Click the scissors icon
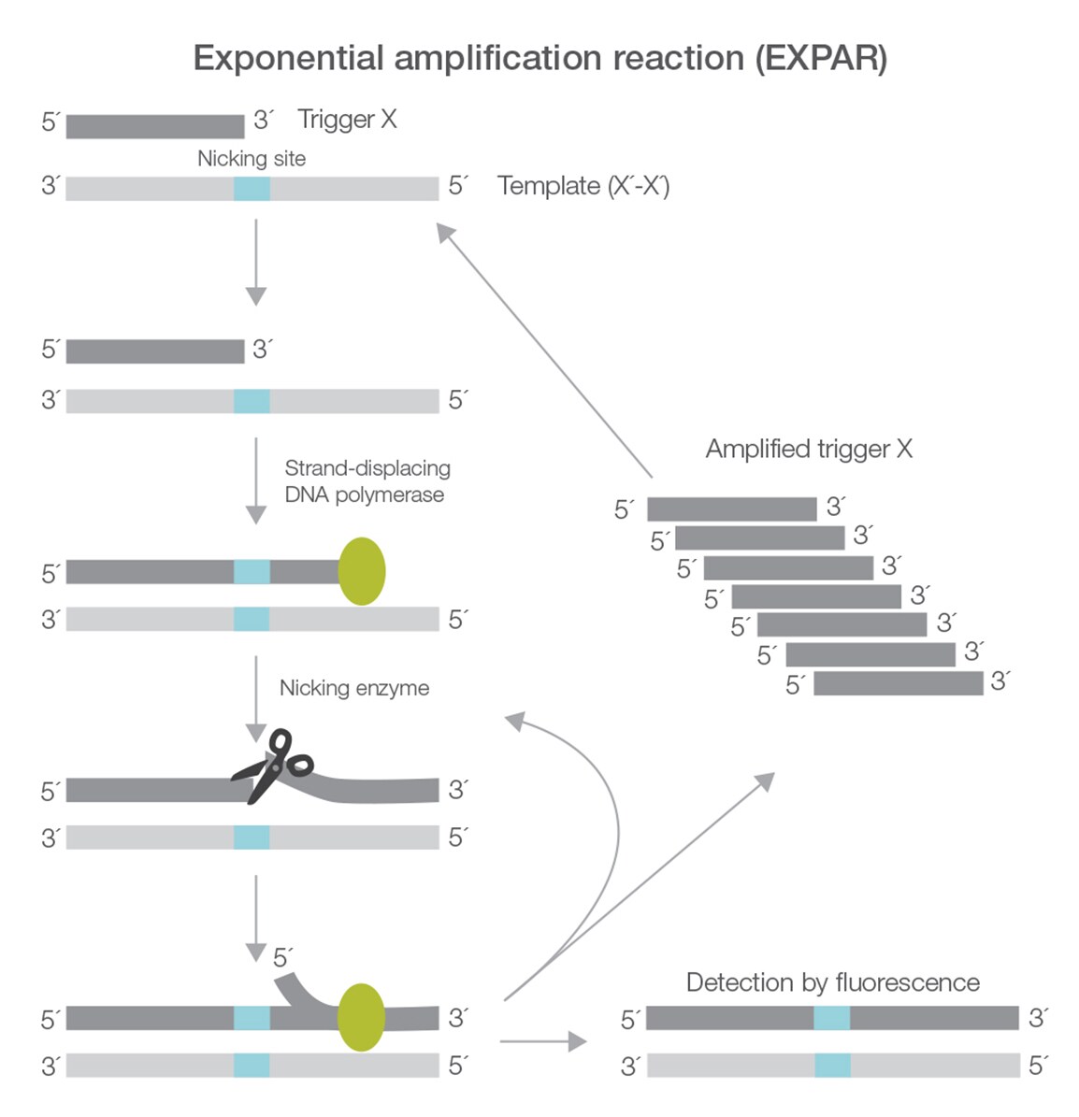click(273, 765)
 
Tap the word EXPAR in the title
click(820, 58)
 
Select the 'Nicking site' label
click(251, 158)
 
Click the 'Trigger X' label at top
click(347, 120)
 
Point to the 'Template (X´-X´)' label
click(583, 186)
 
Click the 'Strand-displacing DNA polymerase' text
click(366, 480)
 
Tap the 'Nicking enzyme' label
click(354, 688)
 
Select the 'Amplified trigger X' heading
click(808, 449)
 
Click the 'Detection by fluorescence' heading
click(832, 982)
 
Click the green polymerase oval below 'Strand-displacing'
click(361, 571)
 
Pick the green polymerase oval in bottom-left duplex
click(361, 1017)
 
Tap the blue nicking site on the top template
click(252, 188)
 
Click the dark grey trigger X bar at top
click(154, 125)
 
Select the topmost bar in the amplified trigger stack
click(731, 508)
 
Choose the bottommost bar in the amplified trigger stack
click(898, 683)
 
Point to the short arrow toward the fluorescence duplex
click(542, 1040)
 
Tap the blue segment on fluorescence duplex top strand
click(831, 1017)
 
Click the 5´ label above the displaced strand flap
click(282, 957)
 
